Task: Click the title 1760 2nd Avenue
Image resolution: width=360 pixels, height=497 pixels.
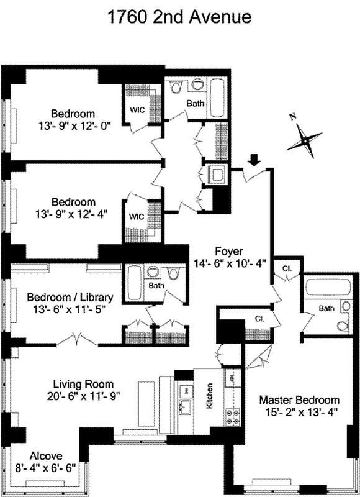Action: (x=179, y=17)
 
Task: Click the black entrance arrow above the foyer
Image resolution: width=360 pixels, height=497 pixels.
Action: (x=253, y=162)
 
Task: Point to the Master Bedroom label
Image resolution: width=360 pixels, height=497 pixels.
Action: (x=299, y=399)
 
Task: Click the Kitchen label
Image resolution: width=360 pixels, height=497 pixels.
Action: (x=208, y=396)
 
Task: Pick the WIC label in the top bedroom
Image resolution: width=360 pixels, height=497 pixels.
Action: (x=137, y=109)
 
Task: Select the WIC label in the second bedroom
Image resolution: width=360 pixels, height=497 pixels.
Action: (x=137, y=217)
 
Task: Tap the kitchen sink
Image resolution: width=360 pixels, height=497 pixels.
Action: (x=184, y=408)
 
